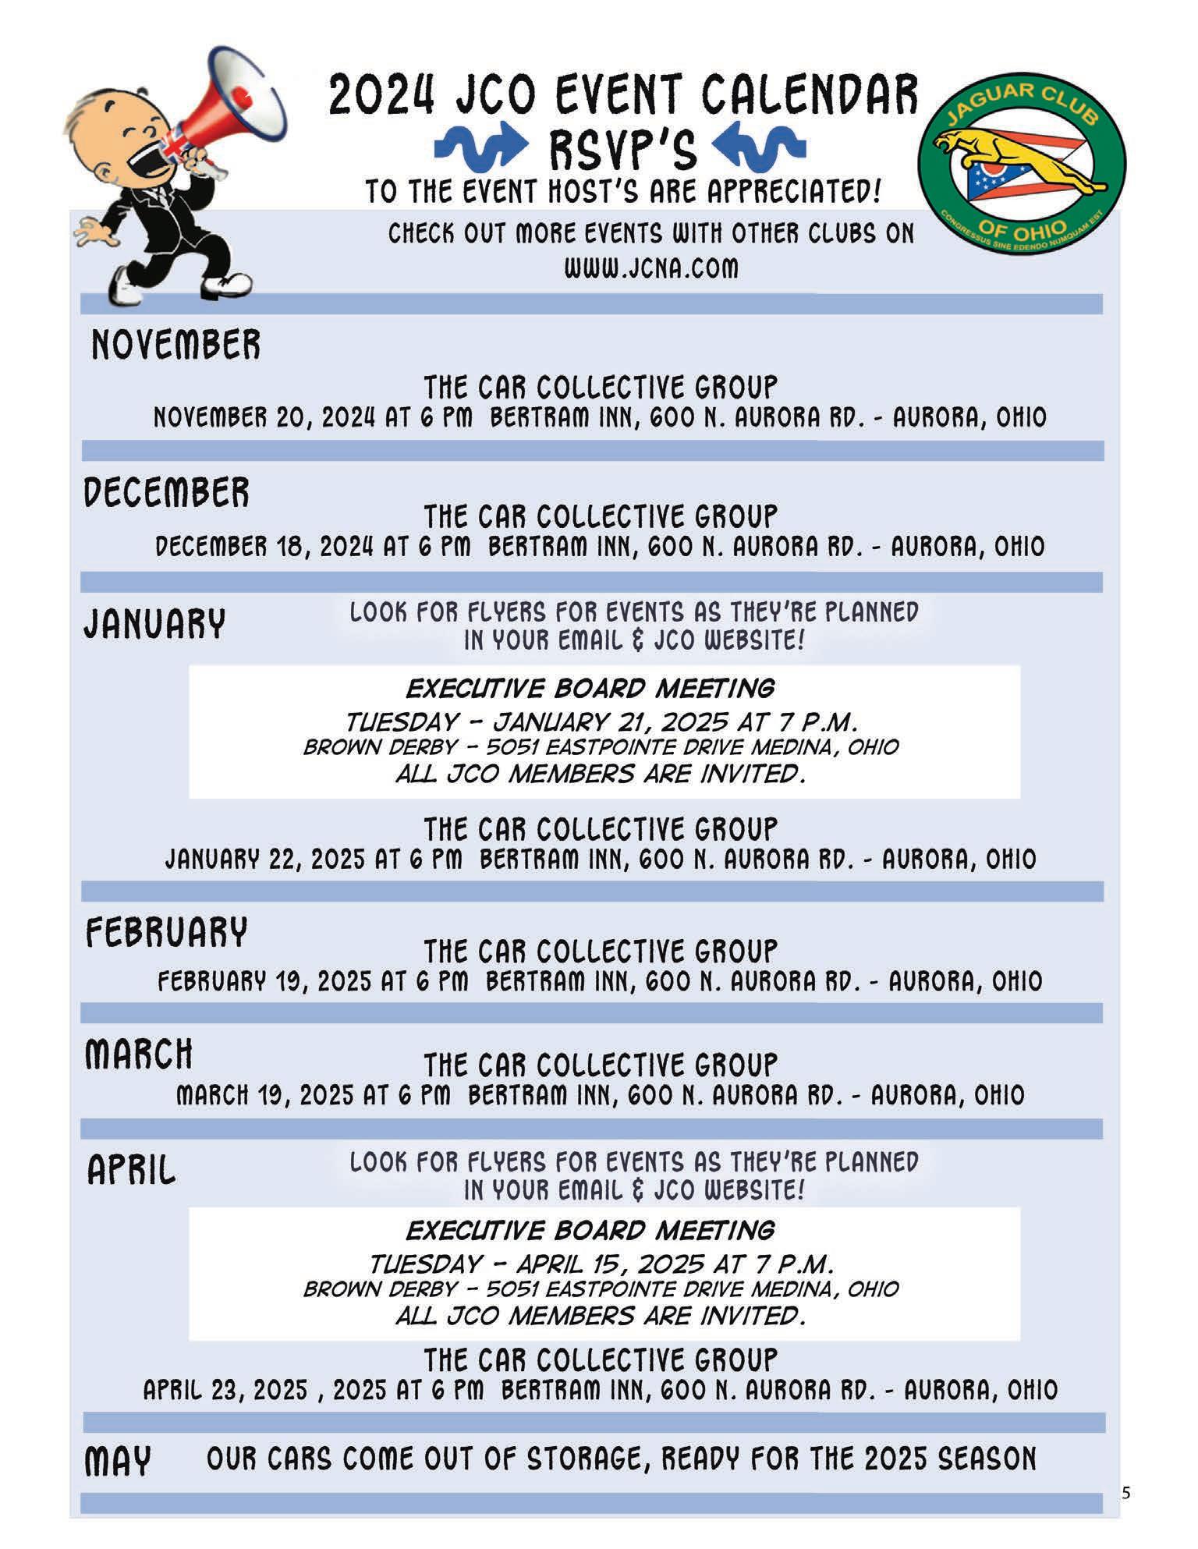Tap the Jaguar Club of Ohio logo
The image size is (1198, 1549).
coord(1022,158)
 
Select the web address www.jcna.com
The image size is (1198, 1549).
coord(650,268)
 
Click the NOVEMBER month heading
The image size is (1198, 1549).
coord(175,345)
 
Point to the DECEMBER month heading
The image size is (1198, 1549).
coord(167,493)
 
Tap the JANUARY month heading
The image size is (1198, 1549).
coord(154,623)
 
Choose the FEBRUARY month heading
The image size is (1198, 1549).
coord(166,932)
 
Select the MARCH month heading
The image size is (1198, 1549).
coord(139,1055)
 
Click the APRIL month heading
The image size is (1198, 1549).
coord(131,1170)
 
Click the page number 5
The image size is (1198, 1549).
coord(1125,1494)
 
